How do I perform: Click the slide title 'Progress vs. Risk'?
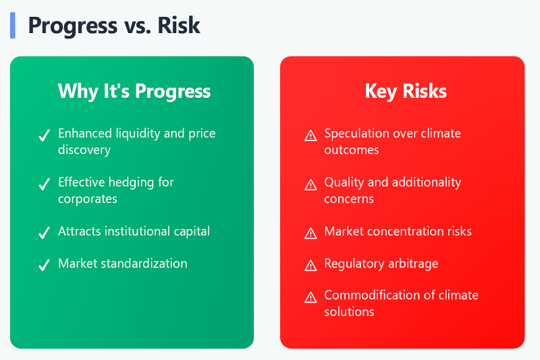[x=114, y=26]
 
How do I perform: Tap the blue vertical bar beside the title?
[x=12, y=25]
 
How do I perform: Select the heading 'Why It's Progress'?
[x=134, y=91]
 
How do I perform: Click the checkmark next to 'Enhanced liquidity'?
[x=44, y=136]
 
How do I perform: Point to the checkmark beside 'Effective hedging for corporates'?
[x=44, y=184]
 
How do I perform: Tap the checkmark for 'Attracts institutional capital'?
[x=44, y=233]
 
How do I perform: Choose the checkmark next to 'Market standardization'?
[x=44, y=265]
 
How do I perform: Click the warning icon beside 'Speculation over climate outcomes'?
[x=310, y=136]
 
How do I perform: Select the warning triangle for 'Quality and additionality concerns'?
[x=310, y=184]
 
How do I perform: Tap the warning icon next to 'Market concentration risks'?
[x=310, y=233]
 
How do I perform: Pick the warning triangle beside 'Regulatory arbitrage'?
[x=310, y=265]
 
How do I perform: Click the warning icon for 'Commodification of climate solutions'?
[x=310, y=297]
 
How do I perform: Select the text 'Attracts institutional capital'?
[x=134, y=231]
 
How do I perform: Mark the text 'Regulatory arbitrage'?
[x=381, y=263]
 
